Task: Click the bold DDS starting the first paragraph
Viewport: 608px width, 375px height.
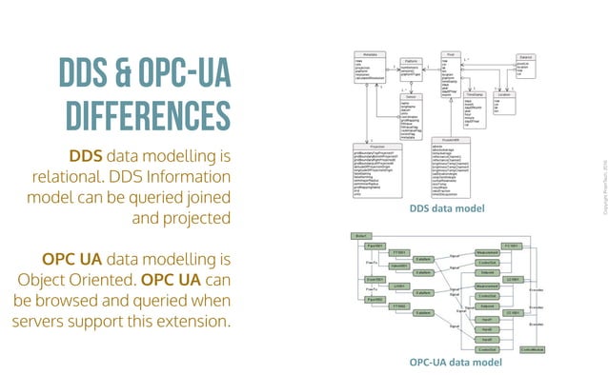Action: [x=86, y=156]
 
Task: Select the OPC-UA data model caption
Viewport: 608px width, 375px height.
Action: [x=455, y=363]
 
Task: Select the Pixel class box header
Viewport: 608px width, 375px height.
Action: [x=456, y=55]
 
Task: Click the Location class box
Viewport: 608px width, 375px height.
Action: [x=506, y=104]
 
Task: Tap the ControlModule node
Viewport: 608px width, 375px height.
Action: [x=535, y=350]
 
